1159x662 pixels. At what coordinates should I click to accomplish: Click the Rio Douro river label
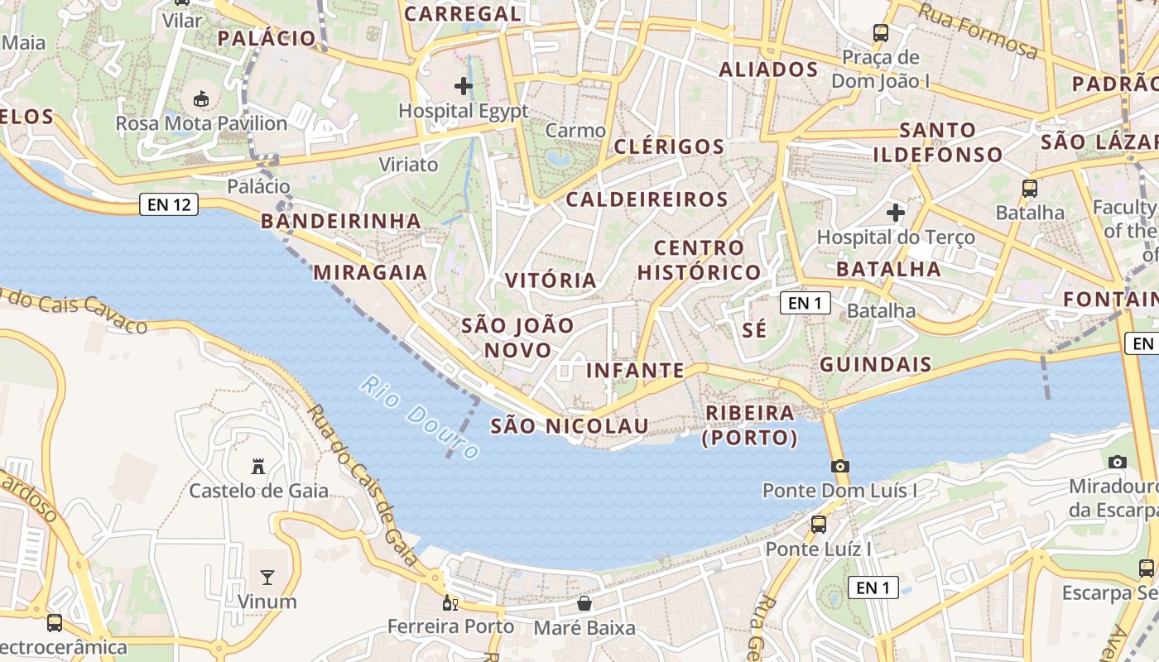click(421, 418)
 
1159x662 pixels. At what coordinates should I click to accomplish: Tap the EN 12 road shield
click(170, 204)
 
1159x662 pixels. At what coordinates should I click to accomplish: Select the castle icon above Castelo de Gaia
click(258, 468)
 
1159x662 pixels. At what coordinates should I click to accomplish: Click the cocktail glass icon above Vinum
click(267, 577)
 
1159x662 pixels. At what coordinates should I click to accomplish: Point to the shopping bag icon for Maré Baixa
click(584, 603)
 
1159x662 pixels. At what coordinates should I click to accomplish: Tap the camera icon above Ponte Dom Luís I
click(840, 466)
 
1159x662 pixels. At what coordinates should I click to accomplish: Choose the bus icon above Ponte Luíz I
click(819, 524)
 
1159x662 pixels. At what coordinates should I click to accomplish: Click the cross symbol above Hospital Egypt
click(464, 85)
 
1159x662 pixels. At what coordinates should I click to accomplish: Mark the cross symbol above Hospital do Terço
click(895, 213)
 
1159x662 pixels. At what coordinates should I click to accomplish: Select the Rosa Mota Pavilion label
click(201, 123)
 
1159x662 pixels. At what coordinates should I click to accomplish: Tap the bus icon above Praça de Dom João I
click(881, 34)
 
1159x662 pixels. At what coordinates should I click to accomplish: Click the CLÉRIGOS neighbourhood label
click(669, 146)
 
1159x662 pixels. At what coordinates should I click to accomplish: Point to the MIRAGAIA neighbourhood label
click(370, 272)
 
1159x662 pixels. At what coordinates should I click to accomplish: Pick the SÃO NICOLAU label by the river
click(570, 425)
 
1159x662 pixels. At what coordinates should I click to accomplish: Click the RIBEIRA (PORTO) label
click(750, 425)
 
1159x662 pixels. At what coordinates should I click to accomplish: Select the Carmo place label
click(575, 131)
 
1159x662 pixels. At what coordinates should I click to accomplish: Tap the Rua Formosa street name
click(978, 30)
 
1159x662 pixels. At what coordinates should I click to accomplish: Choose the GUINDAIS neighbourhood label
click(876, 364)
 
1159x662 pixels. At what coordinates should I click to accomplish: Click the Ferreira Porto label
click(450, 626)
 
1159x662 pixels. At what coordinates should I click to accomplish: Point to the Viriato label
click(408, 164)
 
